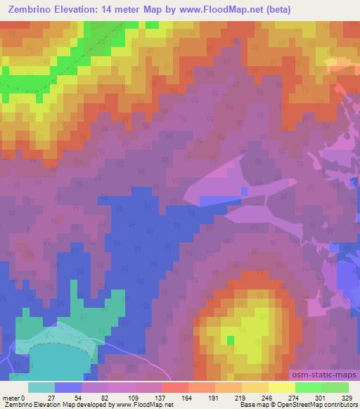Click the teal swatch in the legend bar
pyautogui.click(x=41, y=387)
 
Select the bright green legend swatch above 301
pyautogui.click(x=309, y=387)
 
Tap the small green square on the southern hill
pyautogui.click(x=231, y=340)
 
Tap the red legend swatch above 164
pyautogui.click(x=175, y=387)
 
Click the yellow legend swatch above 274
pyautogui.click(x=282, y=387)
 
